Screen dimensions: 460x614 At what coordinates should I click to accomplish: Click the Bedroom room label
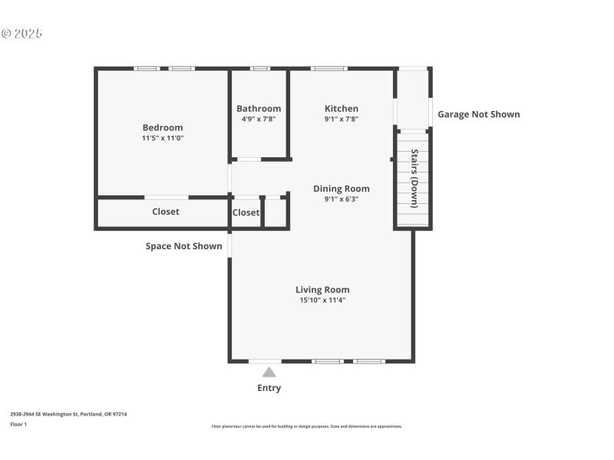tap(163, 127)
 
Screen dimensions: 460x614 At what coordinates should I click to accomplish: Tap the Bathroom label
tap(259, 109)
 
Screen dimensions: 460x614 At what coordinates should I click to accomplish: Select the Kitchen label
tap(342, 109)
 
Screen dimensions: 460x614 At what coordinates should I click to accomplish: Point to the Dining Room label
tap(342, 189)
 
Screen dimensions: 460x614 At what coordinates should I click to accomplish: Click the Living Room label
tap(322, 290)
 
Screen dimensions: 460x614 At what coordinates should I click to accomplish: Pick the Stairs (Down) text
tap(414, 179)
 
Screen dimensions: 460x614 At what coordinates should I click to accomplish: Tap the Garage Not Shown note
tap(478, 114)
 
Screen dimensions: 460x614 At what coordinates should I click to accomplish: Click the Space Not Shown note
tap(183, 246)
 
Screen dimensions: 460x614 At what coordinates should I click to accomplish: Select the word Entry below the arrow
tap(269, 388)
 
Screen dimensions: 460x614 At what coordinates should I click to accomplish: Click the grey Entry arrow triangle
tap(269, 372)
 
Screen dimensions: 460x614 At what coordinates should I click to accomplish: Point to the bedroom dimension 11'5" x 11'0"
tap(163, 138)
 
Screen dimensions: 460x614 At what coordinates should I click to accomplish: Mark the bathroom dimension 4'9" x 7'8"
tap(259, 119)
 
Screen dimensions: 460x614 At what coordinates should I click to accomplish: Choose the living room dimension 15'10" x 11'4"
tap(322, 301)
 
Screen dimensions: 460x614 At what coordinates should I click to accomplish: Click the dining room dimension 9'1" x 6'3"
tap(342, 199)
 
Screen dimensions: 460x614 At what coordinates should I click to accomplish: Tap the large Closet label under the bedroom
tap(166, 212)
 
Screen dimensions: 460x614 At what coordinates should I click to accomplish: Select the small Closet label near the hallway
tap(246, 212)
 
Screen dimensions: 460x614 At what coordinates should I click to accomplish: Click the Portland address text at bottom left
tap(68, 414)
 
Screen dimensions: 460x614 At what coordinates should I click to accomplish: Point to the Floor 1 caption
tap(18, 424)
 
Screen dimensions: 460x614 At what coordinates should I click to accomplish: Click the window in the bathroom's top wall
tap(260, 69)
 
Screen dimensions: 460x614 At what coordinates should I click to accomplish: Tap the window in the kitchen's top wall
tap(328, 69)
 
